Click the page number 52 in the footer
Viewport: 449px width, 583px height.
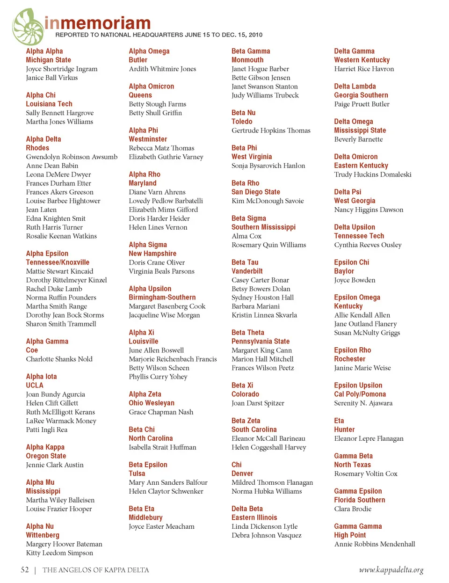(x=25, y=569)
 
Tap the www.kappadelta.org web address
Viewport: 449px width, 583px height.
(x=391, y=569)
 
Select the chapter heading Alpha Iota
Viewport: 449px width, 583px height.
(x=41, y=376)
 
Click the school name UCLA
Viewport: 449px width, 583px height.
(x=35, y=385)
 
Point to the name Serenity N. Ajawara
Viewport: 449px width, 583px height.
(x=363, y=403)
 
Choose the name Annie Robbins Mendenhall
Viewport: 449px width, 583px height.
(x=374, y=544)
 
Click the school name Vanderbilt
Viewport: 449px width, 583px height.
(x=247, y=271)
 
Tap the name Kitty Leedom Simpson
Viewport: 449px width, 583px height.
(x=59, y=553)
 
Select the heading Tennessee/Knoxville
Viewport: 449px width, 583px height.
(x=58, y=262)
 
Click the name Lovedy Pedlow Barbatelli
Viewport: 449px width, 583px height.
(x=166, y=201)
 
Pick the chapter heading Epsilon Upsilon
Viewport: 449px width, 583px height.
(x=358, y=385)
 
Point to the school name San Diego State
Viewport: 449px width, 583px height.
(x=255, y=192)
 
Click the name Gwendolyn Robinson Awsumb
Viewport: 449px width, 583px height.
(x=72, y=157)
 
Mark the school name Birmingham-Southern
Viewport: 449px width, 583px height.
(x=162, y=297)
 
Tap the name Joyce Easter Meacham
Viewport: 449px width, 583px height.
(x=161, y=526)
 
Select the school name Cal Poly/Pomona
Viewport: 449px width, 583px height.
(x=360, y=394)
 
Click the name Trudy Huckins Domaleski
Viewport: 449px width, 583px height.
(x=372, y=174)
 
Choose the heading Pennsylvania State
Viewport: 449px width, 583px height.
(x=260, y=341)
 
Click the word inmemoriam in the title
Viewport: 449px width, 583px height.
(x=97, y=23)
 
